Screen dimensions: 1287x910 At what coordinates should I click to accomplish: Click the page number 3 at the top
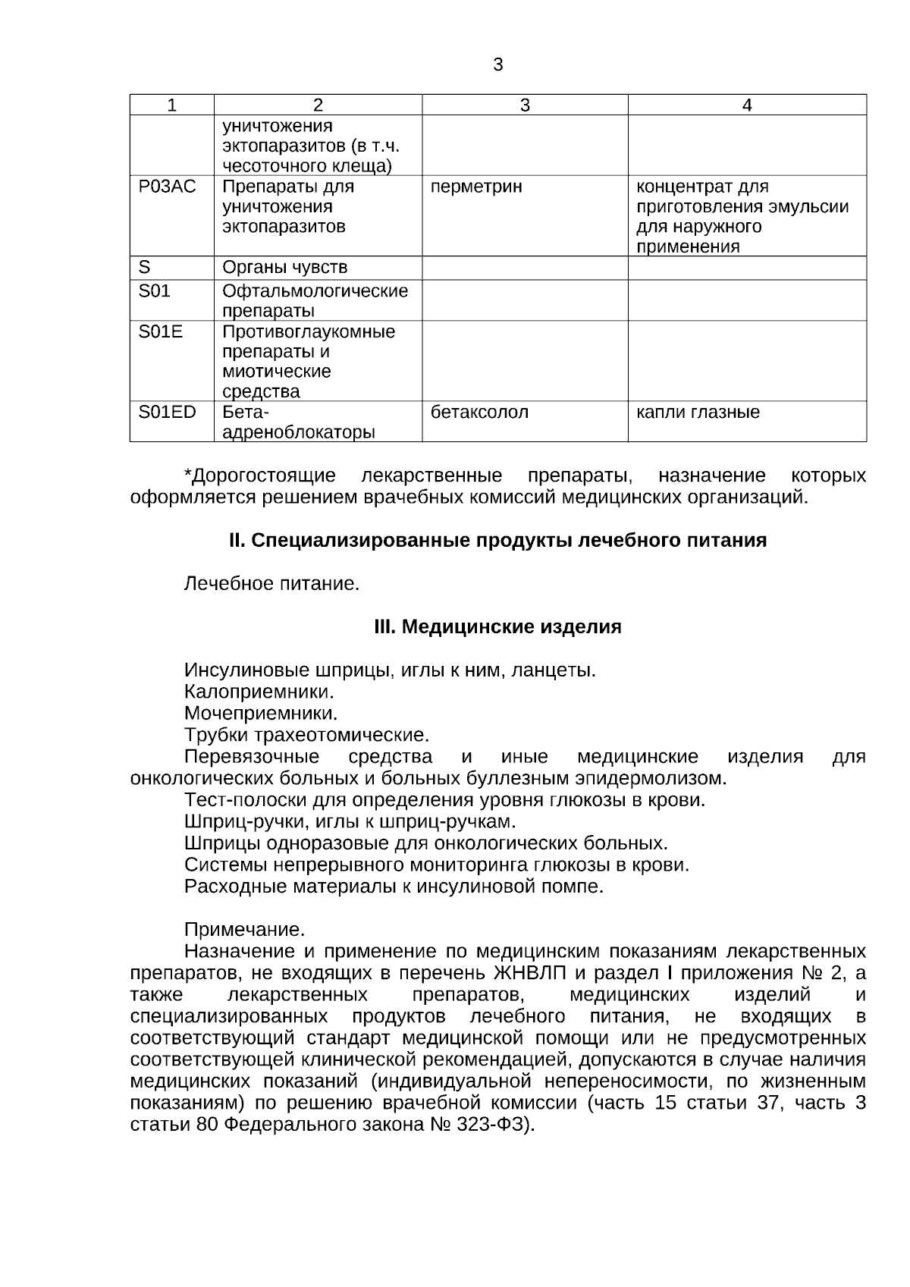497,65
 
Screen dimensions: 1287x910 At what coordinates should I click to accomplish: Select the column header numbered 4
747,105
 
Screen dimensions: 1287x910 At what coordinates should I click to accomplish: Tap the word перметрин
476,187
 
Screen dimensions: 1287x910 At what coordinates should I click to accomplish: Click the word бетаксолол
479,412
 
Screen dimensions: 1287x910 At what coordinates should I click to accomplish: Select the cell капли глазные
698,412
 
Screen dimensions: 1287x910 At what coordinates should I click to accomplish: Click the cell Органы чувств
284,268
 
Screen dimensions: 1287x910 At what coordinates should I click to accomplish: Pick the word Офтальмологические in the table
315,291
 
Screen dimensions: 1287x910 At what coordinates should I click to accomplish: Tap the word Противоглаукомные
309,332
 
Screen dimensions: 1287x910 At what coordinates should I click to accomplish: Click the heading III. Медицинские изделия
497,628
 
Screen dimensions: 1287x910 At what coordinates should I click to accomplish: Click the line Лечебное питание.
271,584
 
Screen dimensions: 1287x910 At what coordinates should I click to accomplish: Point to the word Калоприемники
259,692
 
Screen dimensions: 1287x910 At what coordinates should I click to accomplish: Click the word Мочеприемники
261,714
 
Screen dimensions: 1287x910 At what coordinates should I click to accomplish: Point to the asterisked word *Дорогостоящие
259,476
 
